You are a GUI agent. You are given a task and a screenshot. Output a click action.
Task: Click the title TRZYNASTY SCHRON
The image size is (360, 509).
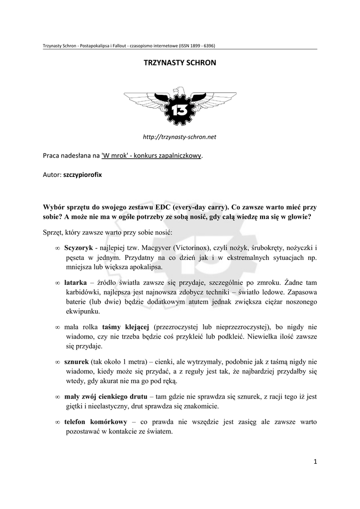(180, 64)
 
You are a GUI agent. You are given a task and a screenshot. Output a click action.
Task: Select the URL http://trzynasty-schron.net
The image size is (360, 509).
(180, 136)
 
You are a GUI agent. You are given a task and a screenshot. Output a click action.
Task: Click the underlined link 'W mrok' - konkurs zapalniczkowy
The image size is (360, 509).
(152, 156)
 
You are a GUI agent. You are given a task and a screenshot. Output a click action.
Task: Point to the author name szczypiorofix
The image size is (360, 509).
(85, 175)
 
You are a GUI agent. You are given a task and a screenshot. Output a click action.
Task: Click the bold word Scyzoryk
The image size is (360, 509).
(78, 248)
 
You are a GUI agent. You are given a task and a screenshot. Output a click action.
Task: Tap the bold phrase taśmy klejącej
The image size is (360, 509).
(126, 327)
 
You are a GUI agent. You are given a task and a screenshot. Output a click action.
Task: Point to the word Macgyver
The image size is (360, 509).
(156, 248)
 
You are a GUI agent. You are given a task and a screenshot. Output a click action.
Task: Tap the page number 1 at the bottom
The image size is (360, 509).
(315, 462)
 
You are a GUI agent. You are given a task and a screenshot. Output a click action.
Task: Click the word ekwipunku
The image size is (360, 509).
(82, 311)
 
